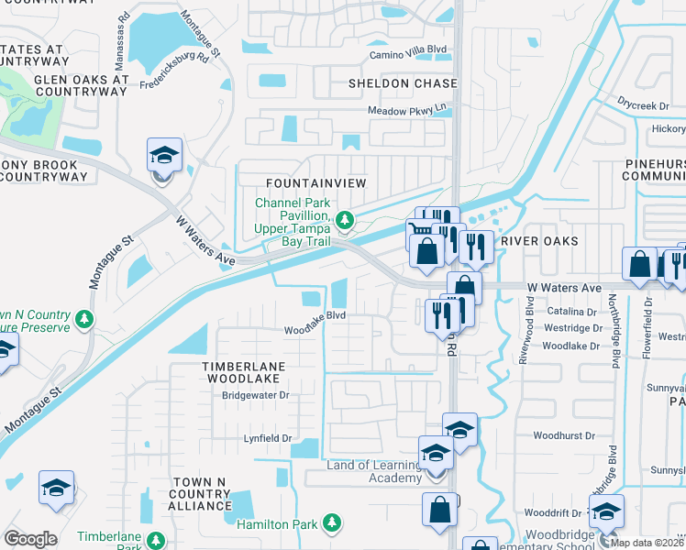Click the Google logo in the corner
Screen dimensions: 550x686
(30, 539)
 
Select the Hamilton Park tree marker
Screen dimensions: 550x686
(331, 524)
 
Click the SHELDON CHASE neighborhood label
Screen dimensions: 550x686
(402, 83)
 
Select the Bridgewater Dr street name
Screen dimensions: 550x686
(256, 396)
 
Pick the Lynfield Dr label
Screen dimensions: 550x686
(267, 438)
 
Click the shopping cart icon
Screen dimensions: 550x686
(418, 231)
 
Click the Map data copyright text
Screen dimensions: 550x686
(647, 543)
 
